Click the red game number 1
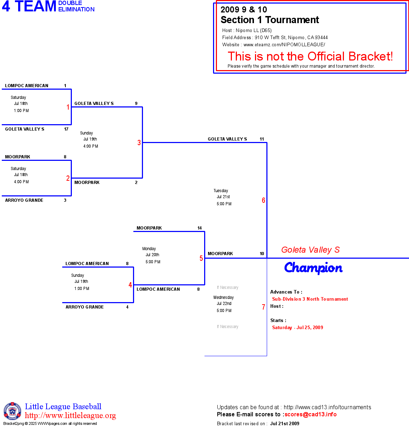[x=68, y=107]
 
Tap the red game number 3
[x=139, y=143]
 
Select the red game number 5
[x=201, y=258]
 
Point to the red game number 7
[x=264, y=307]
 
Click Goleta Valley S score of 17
[x=66, y=129]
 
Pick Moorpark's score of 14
[x=200, y=228]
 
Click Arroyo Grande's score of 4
[x=127, y=307]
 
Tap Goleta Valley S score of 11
[x=262, y=139]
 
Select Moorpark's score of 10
[x=262, y=254]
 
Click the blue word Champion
[x=313, y=268]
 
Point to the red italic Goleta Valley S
[x=310, y=250]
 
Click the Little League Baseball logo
[x=12, y=411]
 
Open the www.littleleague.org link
[x=70, y=416]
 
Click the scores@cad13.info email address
[x=310, y=414]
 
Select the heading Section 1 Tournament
[x=270, y=20]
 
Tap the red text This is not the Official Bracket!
[x=310, y=56]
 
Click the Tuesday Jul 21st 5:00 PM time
[x=223, y=197]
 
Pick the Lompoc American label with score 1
[x=27, y=86]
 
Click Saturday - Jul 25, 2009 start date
[x=297, y=328]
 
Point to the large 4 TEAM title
[x=29, y=6]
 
